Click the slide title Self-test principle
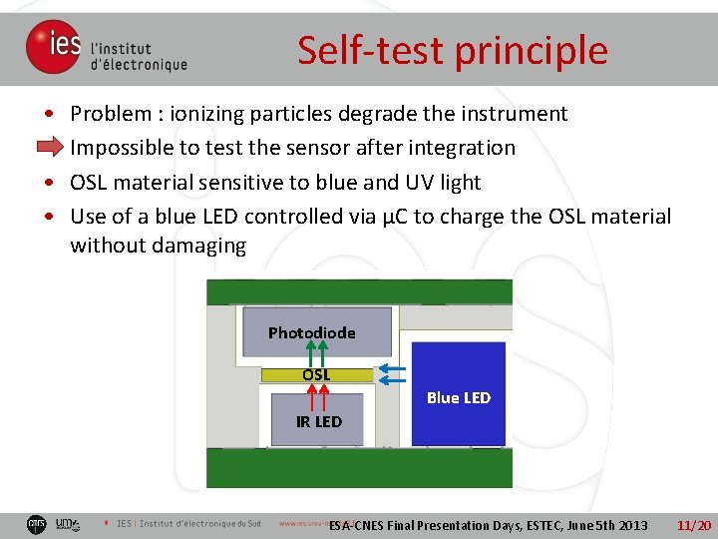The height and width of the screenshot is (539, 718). point(452,50)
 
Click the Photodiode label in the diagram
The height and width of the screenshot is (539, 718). point(311,332)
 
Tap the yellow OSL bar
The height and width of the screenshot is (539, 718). point(316,375)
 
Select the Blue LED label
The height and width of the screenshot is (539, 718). point(459,397)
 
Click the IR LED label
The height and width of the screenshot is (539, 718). point(318,421)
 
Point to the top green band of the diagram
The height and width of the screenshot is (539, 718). point(359,291)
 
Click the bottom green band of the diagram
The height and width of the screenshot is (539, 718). point(359,467)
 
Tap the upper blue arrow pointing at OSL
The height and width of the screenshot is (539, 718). point(392,368)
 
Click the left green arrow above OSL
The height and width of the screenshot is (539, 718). point(310,354)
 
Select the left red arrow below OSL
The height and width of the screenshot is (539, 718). point(310,396)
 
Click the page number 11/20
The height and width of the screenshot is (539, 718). point(693,525)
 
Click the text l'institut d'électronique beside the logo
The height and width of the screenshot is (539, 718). point(138,56)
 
